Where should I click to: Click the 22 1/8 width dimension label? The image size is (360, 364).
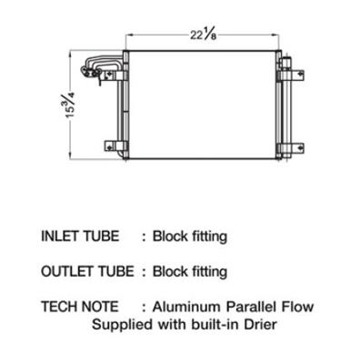point(204,35)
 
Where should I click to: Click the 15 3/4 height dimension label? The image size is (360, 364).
point(70,106)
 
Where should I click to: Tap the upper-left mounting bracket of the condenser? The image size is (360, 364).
point(114,76)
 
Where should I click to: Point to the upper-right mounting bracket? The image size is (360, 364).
point(293,75)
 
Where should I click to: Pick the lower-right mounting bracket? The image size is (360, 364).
point(292,148)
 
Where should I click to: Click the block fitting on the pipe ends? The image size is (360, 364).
point(90,72)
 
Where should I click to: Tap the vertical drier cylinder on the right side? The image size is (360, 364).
point(286,107)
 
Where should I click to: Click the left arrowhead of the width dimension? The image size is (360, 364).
point(128,35)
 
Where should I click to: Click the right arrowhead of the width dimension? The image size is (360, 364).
point(275,35)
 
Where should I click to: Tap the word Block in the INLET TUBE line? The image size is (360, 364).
point(167,237)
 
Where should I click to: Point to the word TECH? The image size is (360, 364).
point(57,307)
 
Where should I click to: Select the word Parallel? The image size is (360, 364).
point(252,307)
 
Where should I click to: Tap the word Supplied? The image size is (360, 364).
point(123,325)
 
